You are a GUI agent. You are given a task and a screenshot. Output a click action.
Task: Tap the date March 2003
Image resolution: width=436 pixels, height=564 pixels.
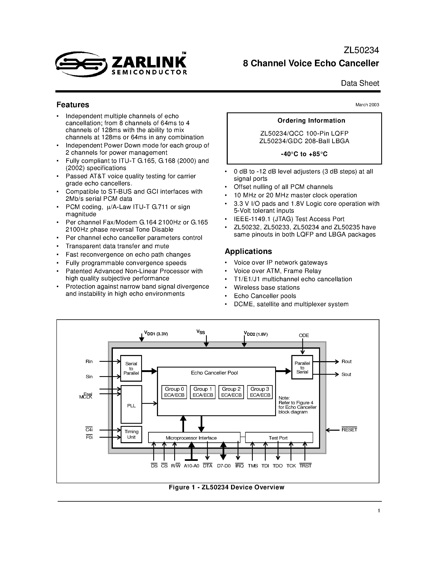pos(367,105)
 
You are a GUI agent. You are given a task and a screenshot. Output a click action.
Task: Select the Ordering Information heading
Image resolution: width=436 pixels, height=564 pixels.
pos(311,121)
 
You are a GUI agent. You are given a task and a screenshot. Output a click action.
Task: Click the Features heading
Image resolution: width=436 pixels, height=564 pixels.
pos(73,105)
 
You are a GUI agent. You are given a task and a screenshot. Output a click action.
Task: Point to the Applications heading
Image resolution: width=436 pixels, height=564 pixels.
pos(248,251)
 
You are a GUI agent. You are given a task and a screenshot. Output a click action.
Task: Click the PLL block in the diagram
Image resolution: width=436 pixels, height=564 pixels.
pos(131,406)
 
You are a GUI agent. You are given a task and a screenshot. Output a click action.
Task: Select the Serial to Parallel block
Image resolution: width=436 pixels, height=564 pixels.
pos(131,368)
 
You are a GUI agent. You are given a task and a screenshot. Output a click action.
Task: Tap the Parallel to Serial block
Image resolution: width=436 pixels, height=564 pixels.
pos(302,368)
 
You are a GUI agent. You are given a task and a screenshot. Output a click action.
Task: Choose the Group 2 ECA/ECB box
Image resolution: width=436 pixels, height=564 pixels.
pos(231,392)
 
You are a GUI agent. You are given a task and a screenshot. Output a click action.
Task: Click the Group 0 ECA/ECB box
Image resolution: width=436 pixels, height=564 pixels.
pos(174,392)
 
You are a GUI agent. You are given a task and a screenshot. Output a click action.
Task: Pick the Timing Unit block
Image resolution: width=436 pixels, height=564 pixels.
pos(131,434)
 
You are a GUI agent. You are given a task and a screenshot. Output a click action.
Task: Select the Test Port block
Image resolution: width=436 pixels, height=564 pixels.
pos(278,438)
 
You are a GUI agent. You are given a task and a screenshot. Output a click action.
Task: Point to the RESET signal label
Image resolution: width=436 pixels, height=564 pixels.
pos(349,430)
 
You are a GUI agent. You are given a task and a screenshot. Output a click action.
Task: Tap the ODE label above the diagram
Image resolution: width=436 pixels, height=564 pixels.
pos(304,335)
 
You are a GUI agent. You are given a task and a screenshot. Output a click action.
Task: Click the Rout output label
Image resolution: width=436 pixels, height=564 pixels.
pos(346,362)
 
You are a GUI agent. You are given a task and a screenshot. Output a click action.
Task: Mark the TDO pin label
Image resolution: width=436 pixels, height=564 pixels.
pos(278,466)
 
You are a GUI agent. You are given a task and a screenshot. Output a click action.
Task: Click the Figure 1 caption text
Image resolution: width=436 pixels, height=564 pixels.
pos(227,487)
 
